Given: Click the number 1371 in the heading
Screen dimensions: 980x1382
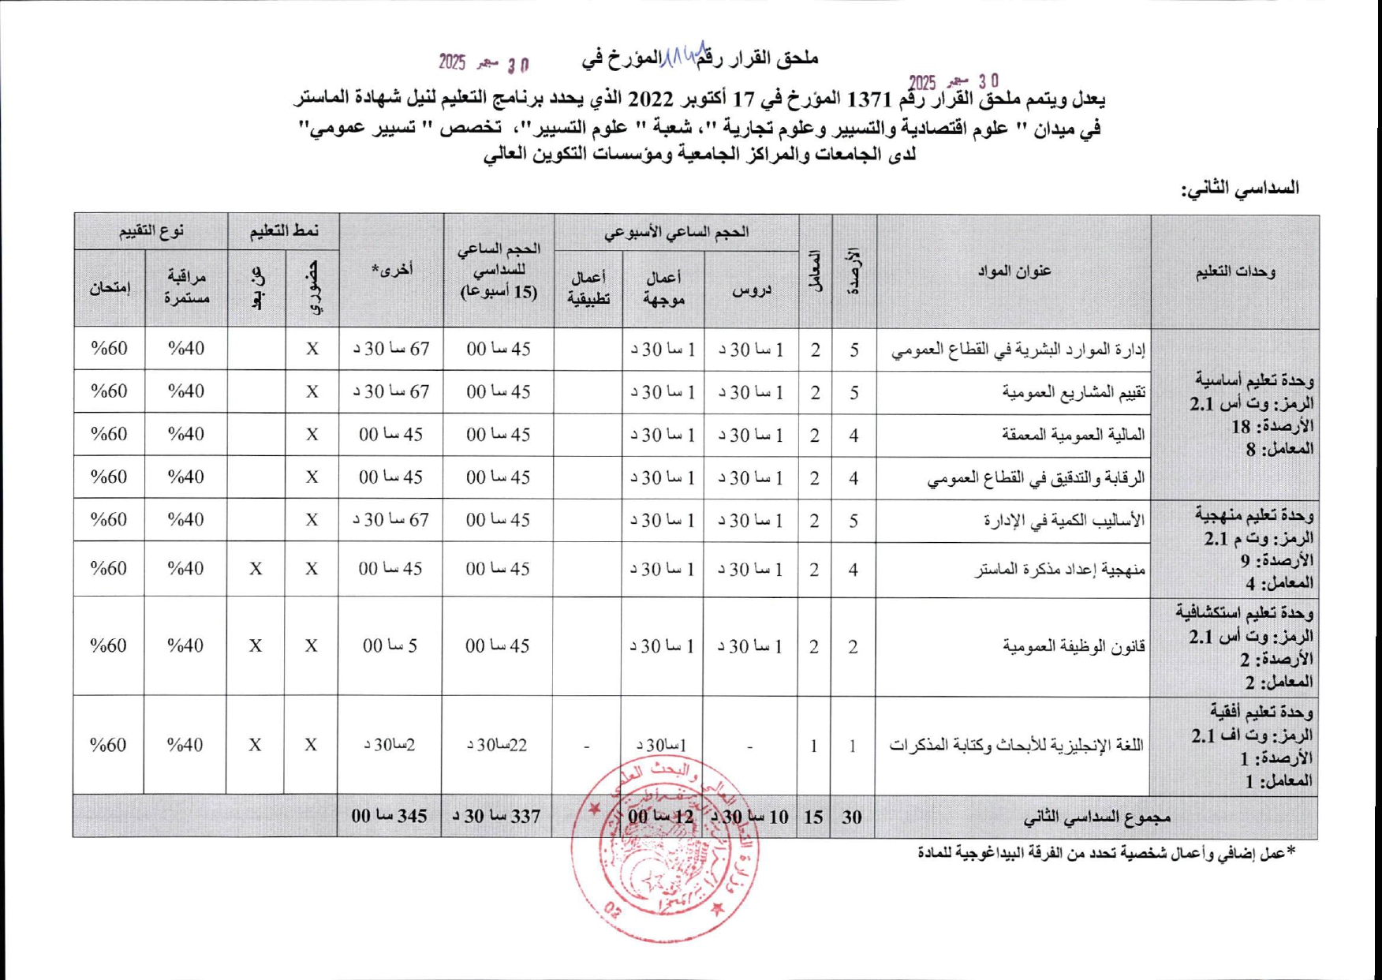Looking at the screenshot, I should pos(868,100).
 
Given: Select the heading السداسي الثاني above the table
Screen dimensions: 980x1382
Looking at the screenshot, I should pos(1239,188).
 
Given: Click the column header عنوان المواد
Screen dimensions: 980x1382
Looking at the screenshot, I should pos(1014,271).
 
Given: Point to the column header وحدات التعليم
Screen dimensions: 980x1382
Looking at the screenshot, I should pos(1235,271).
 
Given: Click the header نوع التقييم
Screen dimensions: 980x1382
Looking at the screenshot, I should pos(151,231).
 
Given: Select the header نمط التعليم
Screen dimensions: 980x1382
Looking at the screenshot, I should pos(284,231).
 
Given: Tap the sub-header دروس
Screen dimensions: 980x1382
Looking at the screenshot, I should pos(751,290).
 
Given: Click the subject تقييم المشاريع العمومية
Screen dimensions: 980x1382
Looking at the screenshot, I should pos(1074,392).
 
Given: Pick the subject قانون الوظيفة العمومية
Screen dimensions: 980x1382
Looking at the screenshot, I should pos(1074,646).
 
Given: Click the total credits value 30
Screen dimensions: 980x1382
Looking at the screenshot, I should pos(852,817).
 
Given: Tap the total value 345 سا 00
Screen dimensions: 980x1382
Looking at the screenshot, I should pos(390,816).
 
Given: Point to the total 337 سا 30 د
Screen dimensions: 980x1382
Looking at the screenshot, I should pos(497,816).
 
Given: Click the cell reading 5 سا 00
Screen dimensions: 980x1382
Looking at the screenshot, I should pos(390,646).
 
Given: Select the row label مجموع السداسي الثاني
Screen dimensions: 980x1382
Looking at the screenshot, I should pos(1096,817).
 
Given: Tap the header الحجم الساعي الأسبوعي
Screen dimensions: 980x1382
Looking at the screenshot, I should pos(676,232).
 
